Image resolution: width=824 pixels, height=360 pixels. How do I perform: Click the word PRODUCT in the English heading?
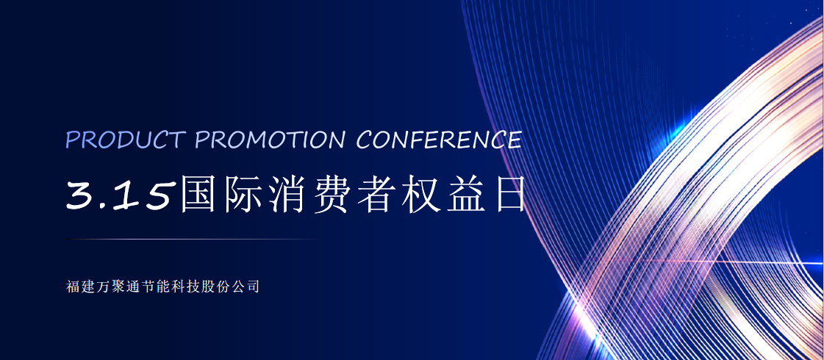pyautogui.click(x=126, y=140)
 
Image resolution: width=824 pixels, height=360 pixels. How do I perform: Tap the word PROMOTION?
pyautogui.click(x=270, y=140)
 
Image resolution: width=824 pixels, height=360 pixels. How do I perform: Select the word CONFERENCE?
pyautogui.click(x=440, y=140)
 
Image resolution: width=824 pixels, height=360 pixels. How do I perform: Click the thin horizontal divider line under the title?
pyautogui.click(x=193, y=239)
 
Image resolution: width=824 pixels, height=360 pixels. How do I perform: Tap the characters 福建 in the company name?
pyautogui.click(x=79, y=287)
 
